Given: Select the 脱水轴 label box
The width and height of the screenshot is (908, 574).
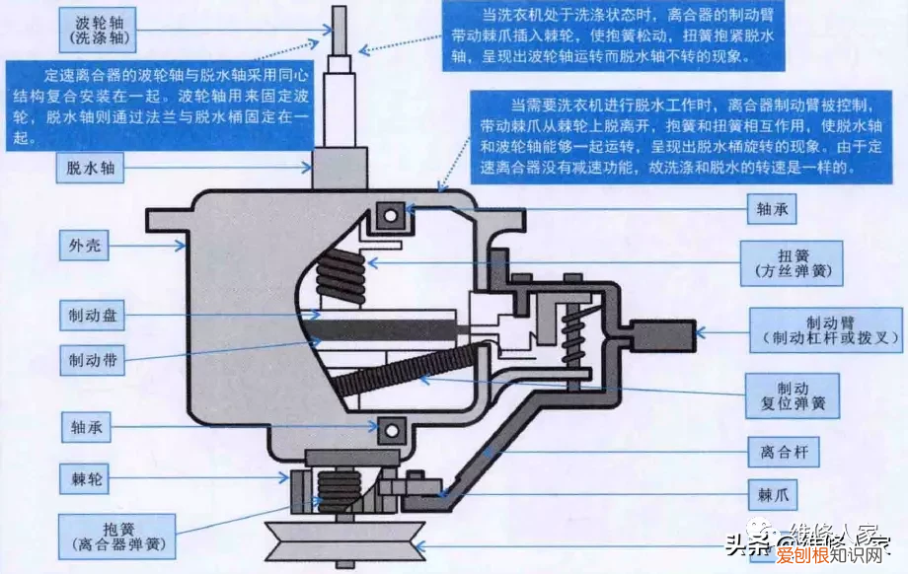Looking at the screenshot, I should click(92, 168).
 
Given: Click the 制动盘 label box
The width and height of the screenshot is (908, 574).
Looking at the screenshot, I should click(92, 316).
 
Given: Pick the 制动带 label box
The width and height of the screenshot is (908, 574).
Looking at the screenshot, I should click(92, 360).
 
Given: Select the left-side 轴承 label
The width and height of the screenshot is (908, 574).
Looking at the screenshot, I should click(92, 427).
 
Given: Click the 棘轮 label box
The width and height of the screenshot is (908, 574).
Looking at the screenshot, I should click(92, 480).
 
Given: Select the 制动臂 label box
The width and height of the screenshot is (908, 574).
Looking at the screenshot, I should click(825, 329).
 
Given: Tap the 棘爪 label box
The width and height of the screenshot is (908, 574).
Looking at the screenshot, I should click(771, 494).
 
